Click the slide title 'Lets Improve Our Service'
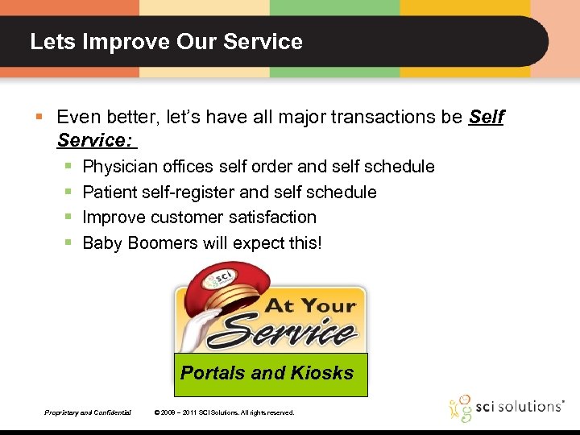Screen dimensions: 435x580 pyautogui.click(x=166, y=42)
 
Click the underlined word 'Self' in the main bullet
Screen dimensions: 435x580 pyautogui.click(x=486, y=118)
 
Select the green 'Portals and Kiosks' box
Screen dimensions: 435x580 pyautogui.click(x=267, y=374)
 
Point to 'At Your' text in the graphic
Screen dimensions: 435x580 pyautogui.click(x=310, y=305)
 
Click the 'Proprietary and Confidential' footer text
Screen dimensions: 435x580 pyautogui.click(x=88, y=412)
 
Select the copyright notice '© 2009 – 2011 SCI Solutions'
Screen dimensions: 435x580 pyautogui.click(x=224, y=412)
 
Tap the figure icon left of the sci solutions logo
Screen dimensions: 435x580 pyautogui.click(x=462, y=408)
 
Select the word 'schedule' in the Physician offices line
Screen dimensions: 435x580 pyautogui.click(x=400, y=167)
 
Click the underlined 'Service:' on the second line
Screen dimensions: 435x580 pyautogui.click(x=94, y=141)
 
